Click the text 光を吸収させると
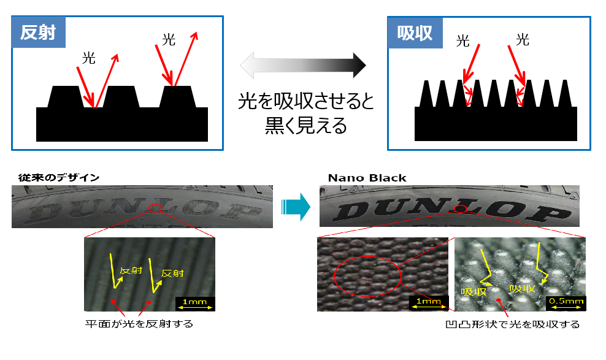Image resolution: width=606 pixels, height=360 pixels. (x=305, y=102)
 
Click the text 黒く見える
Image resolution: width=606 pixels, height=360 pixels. (x=305, y=125)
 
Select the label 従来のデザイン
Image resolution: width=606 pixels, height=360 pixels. (x=55, y=178)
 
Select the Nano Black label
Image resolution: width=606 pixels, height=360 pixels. (x=367, y=178)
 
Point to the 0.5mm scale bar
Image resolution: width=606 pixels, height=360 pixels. (x=566, y=302)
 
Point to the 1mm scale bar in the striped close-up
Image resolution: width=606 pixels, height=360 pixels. (x=194, y=302)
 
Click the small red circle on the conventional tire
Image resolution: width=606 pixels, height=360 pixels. (x=156, y=209)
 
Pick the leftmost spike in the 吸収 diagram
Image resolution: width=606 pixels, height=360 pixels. (x=428, y=94)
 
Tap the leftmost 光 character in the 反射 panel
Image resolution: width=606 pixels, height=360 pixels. (x=89, y=59)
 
